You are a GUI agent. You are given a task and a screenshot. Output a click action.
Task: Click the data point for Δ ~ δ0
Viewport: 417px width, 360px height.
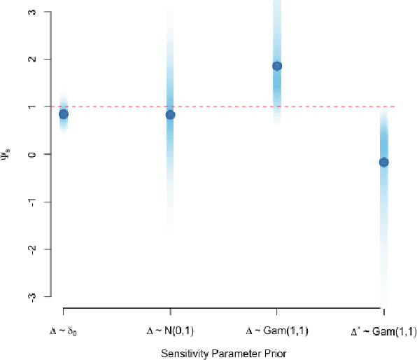click(x=64, y=113)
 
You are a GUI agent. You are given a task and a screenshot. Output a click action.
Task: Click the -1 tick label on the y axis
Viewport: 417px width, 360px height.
click(x=41, y=202)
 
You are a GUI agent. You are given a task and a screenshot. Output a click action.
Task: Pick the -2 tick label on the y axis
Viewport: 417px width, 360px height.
click(x=41, y=249)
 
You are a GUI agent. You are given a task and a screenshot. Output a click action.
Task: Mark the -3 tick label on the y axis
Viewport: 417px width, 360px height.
click(x=41, y=296)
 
